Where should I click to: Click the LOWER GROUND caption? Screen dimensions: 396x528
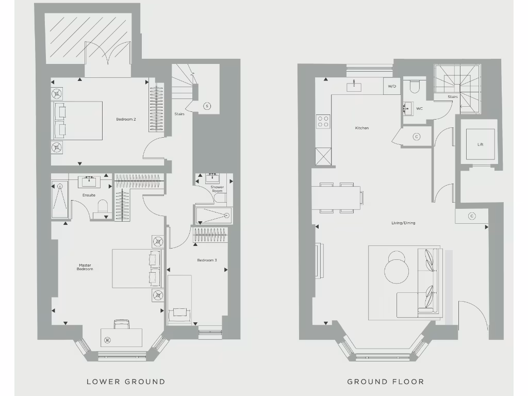(x=126, y=382)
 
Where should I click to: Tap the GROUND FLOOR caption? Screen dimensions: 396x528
(x=386, y=382)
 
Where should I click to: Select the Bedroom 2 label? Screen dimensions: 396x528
(x=126, y=120)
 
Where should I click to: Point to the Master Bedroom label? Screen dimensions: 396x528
(x=85, y=268)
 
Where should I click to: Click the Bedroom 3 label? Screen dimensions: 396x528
(x=207, y=260)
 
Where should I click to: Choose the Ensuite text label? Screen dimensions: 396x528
(x=89, y=195)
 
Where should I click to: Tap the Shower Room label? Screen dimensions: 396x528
(x=217, y=189)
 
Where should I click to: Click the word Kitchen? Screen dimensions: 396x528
(x=362, y=128)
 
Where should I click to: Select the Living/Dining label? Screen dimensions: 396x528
(x=403, y=223)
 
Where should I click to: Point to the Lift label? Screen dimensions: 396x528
(x=481, y=144)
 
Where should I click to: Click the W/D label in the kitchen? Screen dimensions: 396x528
(x=392, y=86)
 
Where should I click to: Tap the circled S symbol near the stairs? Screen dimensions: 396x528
(x=207, y=106)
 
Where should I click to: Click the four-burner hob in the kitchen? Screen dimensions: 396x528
(x=323, y=122)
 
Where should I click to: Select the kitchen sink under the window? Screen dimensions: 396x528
(x=354, y=86)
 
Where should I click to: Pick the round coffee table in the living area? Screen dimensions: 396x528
(x=396, y=267)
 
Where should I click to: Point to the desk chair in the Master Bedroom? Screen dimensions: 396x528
(x=121, y=324)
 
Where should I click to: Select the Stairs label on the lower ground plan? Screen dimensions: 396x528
(x=179, y=114)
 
